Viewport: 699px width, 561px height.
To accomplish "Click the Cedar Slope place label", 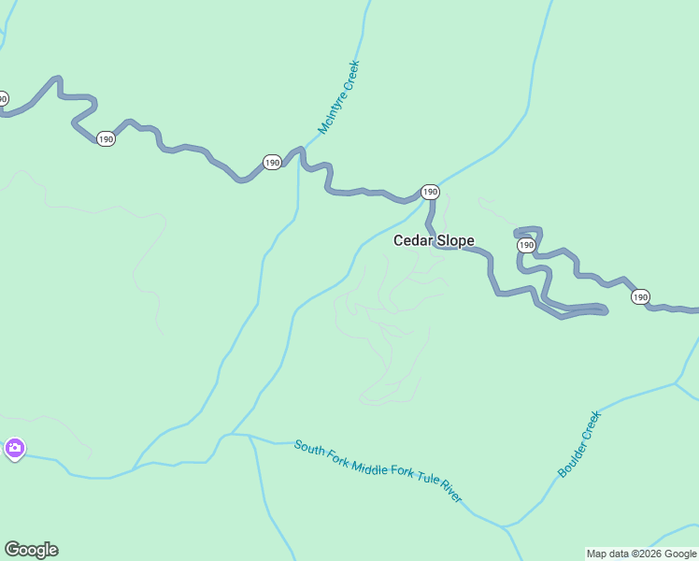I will pos(433,240).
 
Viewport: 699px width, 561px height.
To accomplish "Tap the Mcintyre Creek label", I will pos(338,97).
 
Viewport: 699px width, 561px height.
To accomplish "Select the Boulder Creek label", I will pos(579,444).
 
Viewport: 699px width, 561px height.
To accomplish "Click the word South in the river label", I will pos(310,448).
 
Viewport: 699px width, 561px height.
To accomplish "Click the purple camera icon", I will pos(14,449).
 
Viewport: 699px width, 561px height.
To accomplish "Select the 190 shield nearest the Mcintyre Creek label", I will pos(272,163).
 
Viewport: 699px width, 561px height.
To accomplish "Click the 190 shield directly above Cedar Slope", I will pos(429,192).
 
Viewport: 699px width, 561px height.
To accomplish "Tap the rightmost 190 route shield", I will pos(639,296).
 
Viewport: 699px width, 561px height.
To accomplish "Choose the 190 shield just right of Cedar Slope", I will pos(526,245).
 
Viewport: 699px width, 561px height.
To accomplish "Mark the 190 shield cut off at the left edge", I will pos(3,98).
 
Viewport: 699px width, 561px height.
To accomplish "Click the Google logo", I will pos(31,550).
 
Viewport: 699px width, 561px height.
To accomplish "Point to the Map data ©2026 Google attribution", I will pos(641,554).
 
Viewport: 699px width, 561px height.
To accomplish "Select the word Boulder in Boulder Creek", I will pos(572,456).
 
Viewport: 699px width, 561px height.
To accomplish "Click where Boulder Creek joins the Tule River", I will pos(506,526).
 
